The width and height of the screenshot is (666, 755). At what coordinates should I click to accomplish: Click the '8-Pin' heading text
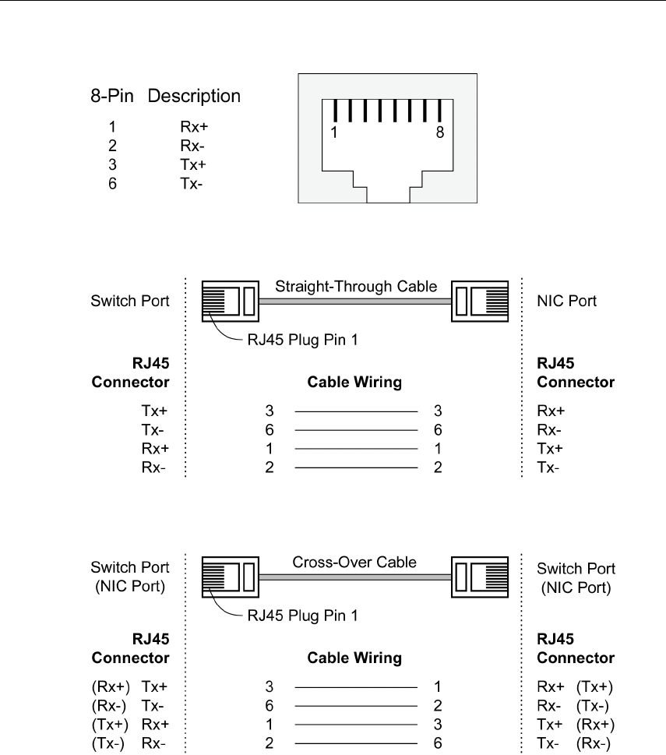tap(111, 96)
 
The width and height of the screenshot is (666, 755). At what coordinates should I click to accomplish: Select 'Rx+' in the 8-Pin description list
tap(194, 127)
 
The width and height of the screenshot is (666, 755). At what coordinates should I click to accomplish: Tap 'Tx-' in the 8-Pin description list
tap(191, 183)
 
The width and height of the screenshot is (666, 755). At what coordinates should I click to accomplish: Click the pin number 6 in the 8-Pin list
tap(112, 183)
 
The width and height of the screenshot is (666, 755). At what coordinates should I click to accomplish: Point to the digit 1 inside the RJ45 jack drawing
tap(334, 132)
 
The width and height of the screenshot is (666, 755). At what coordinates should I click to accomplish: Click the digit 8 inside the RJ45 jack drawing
tap(440, 132)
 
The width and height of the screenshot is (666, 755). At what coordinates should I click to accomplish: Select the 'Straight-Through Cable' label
tap(356, 287)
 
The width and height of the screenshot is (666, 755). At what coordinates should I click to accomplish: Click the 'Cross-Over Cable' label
tap(354, 562)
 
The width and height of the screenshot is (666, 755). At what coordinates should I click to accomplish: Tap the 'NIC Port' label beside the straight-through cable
tap(566, 301)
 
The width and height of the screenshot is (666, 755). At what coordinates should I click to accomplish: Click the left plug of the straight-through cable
tap(230, 301)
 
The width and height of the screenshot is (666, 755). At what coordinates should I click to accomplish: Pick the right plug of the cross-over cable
tap(480, 577)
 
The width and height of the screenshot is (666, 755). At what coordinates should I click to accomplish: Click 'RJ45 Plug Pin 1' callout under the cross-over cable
tap(303, 616)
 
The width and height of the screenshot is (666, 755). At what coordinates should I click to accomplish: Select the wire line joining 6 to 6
tap(356, 430)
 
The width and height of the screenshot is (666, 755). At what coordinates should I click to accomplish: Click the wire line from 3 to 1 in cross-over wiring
tap(356, 687)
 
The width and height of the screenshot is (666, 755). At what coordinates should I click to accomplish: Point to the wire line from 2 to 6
tap(356, 743)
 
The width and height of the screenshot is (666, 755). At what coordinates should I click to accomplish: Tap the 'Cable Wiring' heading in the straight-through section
tap(354, 382)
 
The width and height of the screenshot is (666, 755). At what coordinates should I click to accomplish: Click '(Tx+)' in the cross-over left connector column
tap(110, 725)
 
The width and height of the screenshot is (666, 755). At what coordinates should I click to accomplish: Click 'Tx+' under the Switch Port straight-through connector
tap(154, 411)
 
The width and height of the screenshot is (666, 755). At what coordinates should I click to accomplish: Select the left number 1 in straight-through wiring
tap(269, 449)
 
